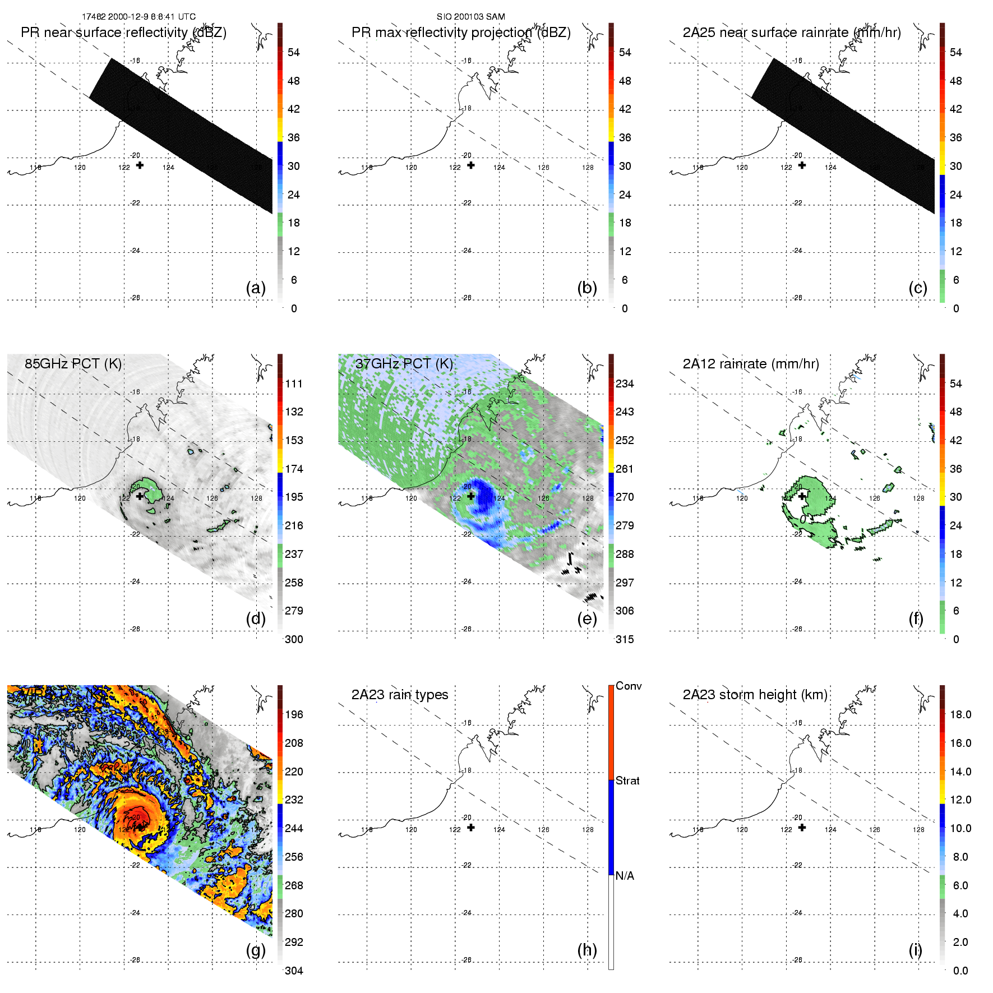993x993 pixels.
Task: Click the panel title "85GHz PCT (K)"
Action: [x=73, y=363]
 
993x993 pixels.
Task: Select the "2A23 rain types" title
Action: [x=399, y=695]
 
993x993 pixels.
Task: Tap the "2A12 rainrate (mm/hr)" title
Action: [x=750, y=364]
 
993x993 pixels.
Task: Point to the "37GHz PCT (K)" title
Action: [x=404, y=363]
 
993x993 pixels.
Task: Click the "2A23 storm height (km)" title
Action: [x=755, y=695]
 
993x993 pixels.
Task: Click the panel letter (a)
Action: [x=256, y=288]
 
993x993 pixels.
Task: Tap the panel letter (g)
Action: [x=256, y=950]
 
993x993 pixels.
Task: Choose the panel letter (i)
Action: [x=915, y=950]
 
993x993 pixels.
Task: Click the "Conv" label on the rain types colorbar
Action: [x=628, y=686]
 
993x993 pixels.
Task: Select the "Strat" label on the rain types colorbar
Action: [x=627, y=780]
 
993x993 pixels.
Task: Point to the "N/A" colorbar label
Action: [x=625, y=876]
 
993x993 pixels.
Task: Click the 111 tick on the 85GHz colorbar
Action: [x=294, y=384]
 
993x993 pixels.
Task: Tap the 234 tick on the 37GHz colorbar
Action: [x=625, y=384]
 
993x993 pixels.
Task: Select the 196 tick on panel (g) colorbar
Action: [x=294, y=714]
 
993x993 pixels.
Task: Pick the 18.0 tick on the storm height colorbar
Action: [x=960, y=714]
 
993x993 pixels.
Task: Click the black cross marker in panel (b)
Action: [x=471, y=165]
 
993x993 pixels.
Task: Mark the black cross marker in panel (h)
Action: [x=471, y=828]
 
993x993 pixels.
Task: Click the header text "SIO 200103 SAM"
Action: [x=470, y=17]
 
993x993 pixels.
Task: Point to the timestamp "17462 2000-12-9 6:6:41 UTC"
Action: [x=138, y=17]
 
